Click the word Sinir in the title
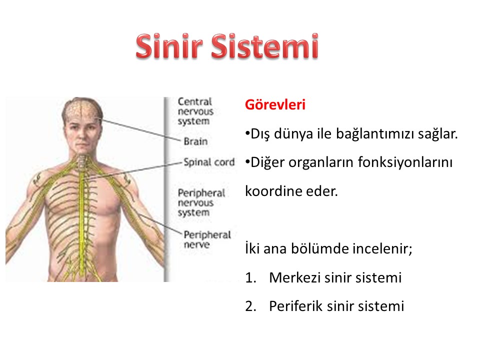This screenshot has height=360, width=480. click(x=169, y=46)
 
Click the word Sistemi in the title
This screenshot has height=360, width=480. click(x=265, y=46)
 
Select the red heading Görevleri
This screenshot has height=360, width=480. click(x=275, y=104)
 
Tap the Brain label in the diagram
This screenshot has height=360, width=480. click(x=195, y=141)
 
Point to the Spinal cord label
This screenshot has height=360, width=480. click(x=209, y=162)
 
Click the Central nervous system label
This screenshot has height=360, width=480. click(x=195, y=111)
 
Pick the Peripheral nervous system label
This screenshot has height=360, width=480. click(x=201, y=202)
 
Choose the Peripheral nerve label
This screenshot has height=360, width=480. click(x=207, y=239)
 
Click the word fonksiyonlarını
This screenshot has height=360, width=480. click(x=405, y=162)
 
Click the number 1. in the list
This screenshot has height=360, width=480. click(x=250, y=278)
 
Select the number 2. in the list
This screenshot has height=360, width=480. click(x=250, y=306)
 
